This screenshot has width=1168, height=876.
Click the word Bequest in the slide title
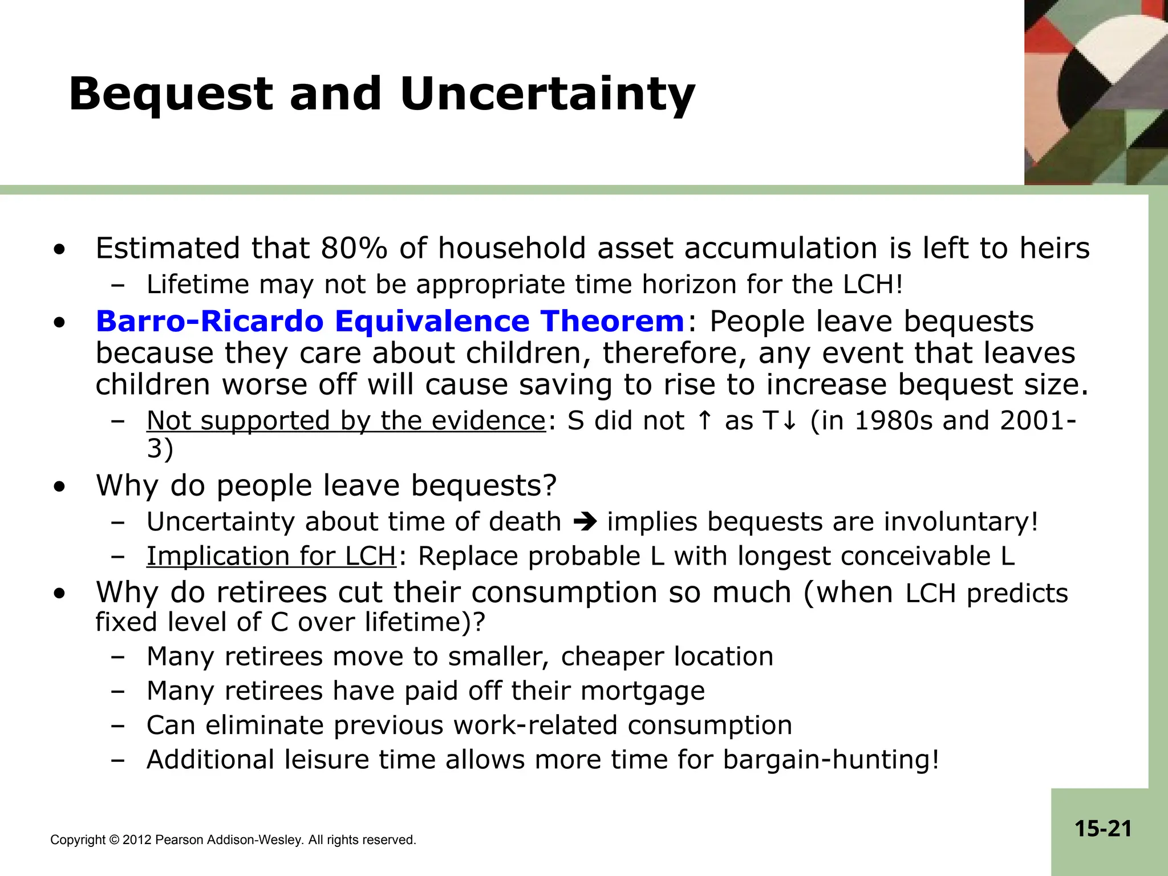pos(171,95)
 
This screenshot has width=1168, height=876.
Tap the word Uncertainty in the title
pos(547,95)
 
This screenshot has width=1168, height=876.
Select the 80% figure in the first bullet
pos(354,249)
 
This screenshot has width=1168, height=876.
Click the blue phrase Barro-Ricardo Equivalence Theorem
pos(390,321)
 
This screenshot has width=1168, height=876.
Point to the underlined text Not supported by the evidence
pos(346,421)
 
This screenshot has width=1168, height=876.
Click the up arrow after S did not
pos(705,421)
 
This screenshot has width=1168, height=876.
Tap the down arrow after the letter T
pos(790,421)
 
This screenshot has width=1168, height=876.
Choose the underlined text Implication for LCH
pos(271,556)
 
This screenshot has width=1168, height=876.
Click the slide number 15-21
pos(1103,829)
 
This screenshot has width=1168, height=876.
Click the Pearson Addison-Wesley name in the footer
pos(229,840)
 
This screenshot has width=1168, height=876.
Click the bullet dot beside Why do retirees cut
pos(59,594)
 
